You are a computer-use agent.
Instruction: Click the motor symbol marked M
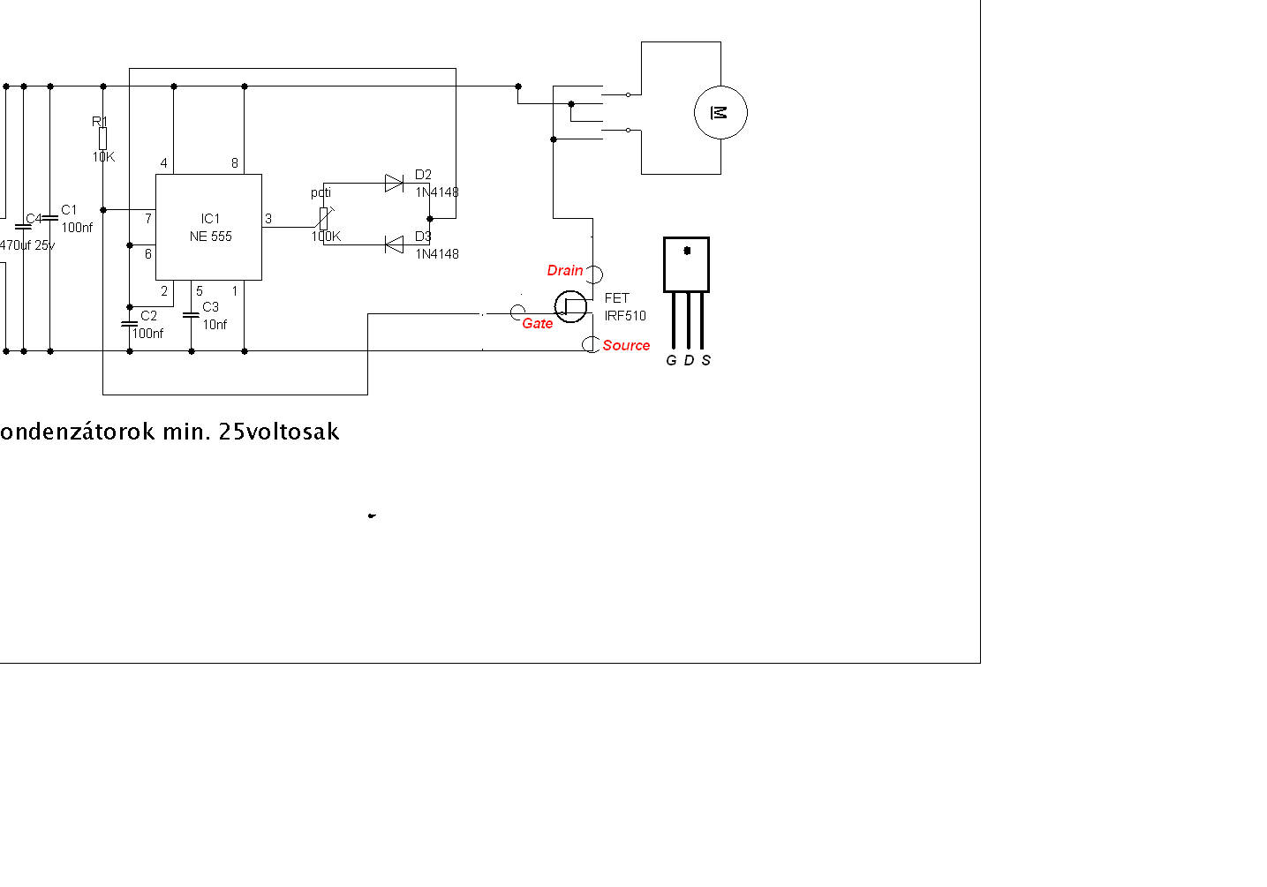tap(720, 113)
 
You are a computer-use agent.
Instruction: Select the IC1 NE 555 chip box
tap(208, 227)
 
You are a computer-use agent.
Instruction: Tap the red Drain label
tap(565, 270)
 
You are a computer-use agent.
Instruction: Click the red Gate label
tap(537, 323)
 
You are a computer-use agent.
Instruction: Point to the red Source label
tap(626, 345)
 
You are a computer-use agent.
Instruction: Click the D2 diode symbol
tap(394, 184)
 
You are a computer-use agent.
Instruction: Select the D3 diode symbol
tap(394, 244)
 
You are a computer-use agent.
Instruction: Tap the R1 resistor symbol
tap(103, 139)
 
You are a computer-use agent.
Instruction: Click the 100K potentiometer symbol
tap(324, 218)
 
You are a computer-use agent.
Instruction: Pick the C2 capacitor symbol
tap(130, 324)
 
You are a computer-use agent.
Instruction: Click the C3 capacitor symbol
tap(191, 314)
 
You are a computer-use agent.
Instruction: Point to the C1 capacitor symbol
tap(50, 217)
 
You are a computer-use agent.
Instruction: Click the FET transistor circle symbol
tap(570, 306)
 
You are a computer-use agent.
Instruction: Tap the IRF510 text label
tap(625, 315)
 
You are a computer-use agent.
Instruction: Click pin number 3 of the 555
tap(268, 219)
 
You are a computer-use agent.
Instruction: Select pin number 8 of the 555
tap(235, 163)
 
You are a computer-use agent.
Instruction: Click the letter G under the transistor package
tap(671, 360)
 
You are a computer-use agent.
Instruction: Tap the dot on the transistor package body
tap(687, 251)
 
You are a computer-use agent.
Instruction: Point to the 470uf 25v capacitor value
tap(26, 245)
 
